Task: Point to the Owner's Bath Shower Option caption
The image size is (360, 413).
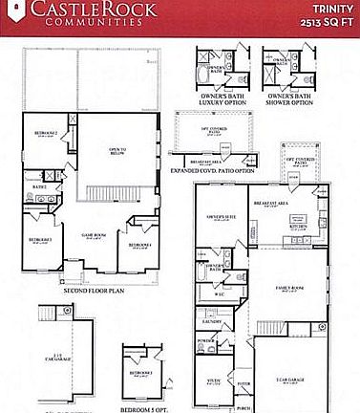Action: tap(290, 100)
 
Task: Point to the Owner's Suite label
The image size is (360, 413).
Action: tap(216, 217)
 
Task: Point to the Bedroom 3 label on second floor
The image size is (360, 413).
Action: tap(39, 239)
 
